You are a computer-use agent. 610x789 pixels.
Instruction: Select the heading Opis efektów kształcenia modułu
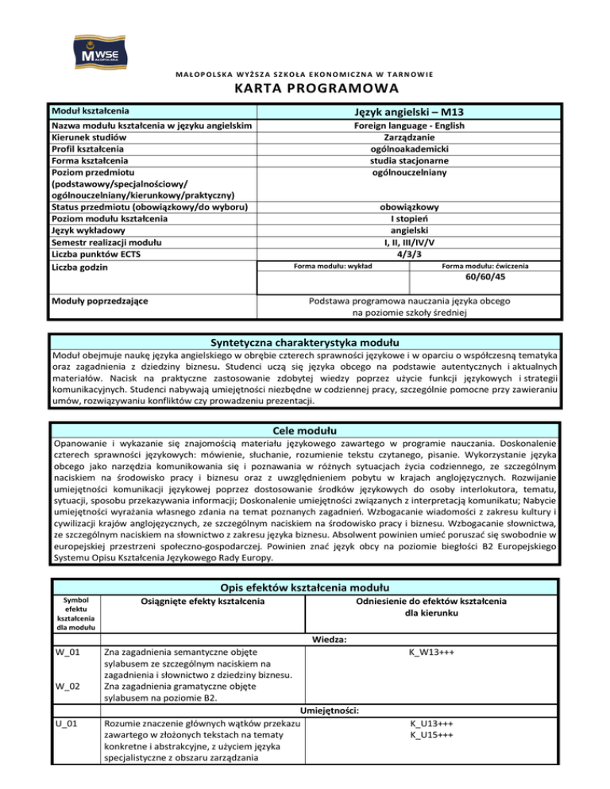pyautogui.click(x=304, y=587)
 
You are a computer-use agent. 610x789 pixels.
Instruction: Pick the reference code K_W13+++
pyautogui.click(x=431, y=652)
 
